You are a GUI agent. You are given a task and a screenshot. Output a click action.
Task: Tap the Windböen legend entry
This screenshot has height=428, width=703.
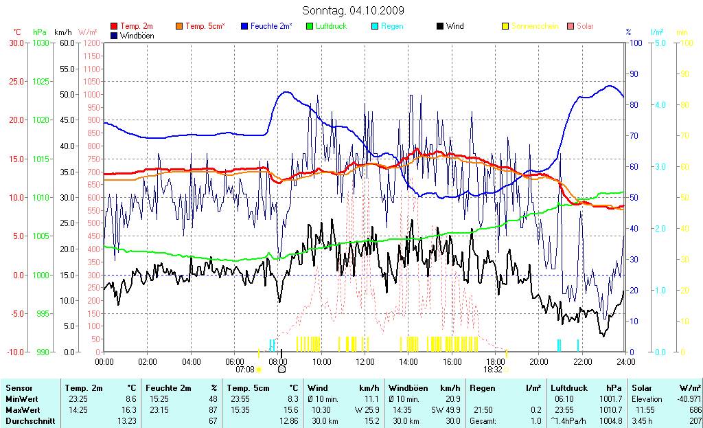pos(137,35)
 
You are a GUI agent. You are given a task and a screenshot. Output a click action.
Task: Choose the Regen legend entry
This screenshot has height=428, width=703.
pos(392,26)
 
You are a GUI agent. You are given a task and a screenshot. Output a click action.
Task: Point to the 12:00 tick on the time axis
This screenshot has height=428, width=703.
pos(365,361)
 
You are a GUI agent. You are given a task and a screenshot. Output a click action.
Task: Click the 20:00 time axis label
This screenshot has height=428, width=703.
pos(539,361)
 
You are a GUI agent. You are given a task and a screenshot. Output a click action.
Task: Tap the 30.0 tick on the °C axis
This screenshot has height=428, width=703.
pos(15,43)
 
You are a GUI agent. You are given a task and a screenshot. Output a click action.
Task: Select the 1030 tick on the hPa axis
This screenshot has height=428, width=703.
pos(41,43)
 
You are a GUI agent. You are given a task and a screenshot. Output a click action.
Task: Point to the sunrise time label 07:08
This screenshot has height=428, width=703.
pos(244,369)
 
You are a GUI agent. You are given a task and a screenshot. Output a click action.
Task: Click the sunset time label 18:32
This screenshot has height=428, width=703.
pos(493,369)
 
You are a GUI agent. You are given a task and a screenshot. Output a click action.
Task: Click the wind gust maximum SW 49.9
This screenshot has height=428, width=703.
pos(448,409)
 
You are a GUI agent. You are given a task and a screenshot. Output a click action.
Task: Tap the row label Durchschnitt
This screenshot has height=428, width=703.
pos(30,420)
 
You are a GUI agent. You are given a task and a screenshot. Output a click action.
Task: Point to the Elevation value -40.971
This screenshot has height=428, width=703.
pos(687,398)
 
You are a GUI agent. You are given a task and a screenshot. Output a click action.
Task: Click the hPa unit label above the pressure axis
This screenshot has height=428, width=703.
pos(40,32)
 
